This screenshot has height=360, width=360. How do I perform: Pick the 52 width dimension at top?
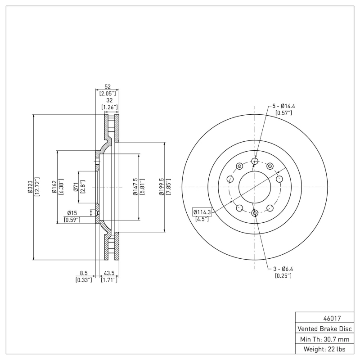[x=107, y=86]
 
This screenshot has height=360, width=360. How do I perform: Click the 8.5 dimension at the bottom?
[x=83, y=273]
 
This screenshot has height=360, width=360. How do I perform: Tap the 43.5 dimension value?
[x=108, y=273]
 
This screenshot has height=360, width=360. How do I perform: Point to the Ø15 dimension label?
[x=72, y=213]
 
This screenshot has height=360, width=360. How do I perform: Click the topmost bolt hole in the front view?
[x=255, y=162]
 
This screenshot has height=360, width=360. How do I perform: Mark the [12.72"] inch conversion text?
[x=37, y=187]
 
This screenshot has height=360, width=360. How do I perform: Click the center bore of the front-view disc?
[x=255, y=187]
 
